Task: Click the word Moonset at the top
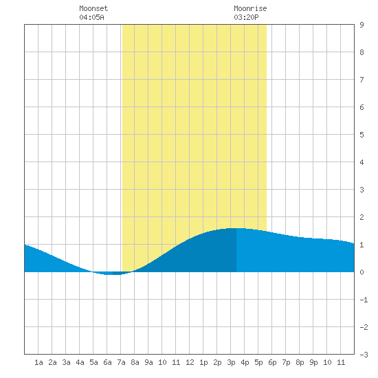point(93,8)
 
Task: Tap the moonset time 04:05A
point(91,17)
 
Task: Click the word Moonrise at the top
point(250,8)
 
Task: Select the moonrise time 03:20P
point(246,17)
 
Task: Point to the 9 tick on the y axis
point(362,25)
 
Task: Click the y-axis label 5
point(362,135)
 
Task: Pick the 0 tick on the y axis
point(362,272)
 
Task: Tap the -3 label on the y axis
point(364,355)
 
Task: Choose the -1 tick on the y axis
point(364,300)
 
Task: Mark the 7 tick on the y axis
point(362,80)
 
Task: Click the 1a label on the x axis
point(38,362)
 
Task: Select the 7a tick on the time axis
point(121,362)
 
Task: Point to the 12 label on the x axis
point(190,362)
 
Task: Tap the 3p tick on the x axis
point(231,362)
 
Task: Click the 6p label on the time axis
point(272,362)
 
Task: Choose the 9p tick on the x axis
point(313,362)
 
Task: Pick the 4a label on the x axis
point(80,362)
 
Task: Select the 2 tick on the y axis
point(362,217)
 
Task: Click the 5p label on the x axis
point(258,362)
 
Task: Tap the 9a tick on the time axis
point(148,362)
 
